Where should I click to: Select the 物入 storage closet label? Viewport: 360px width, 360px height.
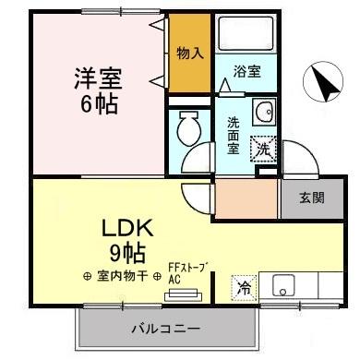190,54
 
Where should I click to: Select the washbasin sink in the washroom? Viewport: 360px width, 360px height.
263,109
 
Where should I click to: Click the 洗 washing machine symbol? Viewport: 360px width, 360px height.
264,148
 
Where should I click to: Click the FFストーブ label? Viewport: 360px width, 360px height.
188,268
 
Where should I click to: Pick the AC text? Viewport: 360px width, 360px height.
174,278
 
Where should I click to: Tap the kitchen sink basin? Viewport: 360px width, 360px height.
282,285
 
